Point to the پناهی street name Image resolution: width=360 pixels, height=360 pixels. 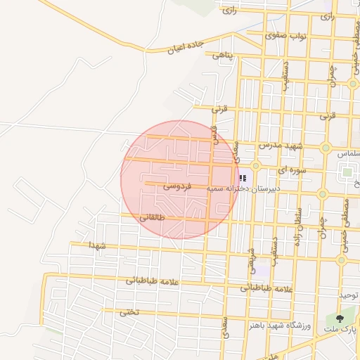coord(224,56)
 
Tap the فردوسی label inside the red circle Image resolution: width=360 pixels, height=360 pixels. coord(177,186)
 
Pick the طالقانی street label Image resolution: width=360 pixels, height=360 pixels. coord(154,218)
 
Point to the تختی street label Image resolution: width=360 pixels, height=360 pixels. coord(128,311)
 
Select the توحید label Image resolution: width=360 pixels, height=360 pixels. coord(349,295)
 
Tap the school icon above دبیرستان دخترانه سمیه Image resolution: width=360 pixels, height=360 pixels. coord(243,179)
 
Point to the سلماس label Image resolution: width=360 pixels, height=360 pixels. coord(348,153)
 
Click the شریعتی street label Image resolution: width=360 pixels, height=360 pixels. coord(251,260)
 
